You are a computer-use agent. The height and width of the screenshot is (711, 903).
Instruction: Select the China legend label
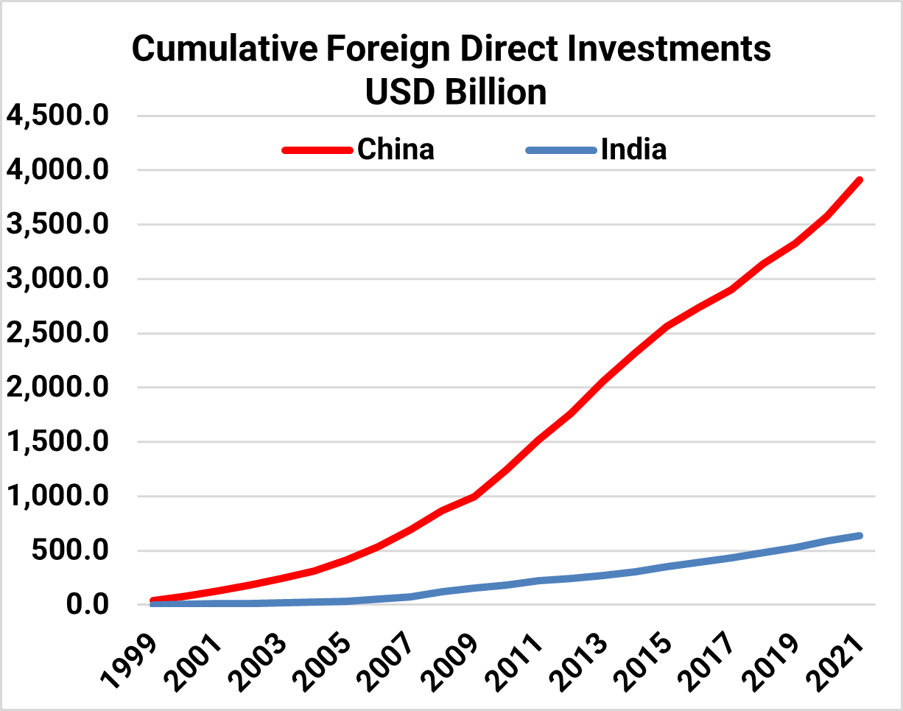[x=396, y=150]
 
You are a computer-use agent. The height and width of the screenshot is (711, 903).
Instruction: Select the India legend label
[x=633, y=150]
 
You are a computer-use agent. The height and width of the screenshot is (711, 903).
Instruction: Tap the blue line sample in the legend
[x=561, y=150]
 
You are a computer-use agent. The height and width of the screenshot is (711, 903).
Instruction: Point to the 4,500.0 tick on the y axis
[x=57, y=116]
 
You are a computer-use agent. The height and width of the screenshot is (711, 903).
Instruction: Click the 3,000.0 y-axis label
[x=57, y=279]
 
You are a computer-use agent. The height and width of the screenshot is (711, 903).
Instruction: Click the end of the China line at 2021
[x=860, y=180]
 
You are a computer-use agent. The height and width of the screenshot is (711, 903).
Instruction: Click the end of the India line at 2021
[x=860, y=536]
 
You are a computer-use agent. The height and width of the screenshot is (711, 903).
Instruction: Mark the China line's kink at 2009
[x=474, y=497]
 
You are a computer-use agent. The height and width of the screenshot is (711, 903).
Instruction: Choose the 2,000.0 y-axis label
[x=57, y=388]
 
